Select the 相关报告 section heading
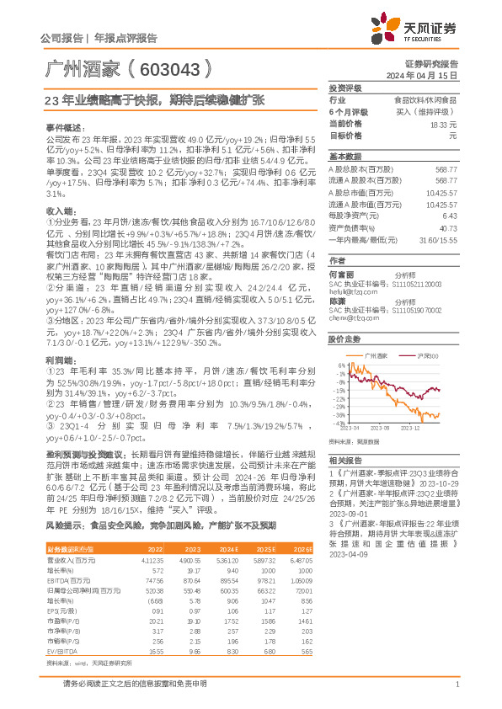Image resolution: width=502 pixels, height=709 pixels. point(342,461)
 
